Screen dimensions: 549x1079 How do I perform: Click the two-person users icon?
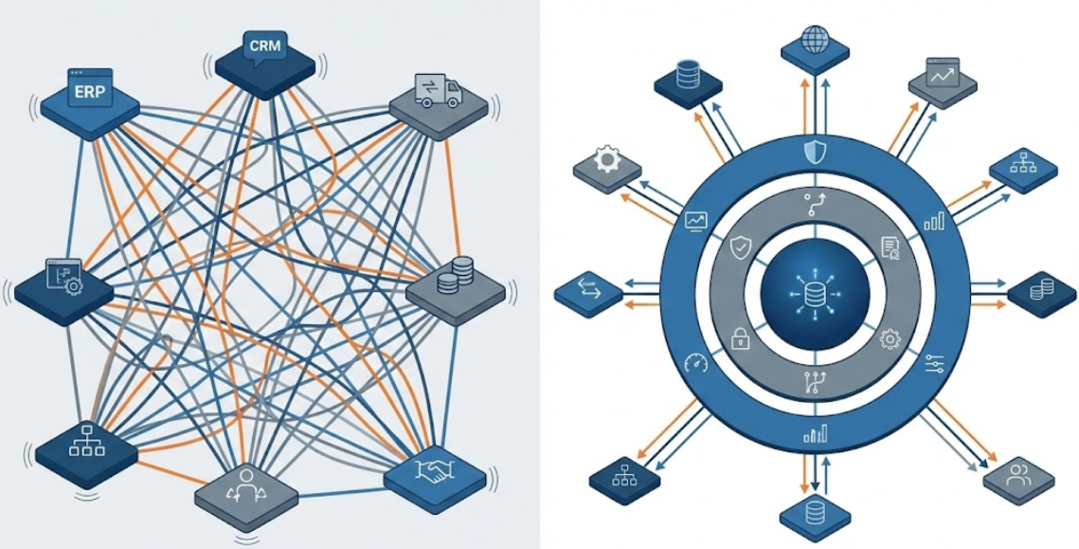coord(1018,471)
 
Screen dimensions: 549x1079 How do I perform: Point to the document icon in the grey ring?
coord(890,248)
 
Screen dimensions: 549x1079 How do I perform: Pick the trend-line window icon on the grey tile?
coord(943,73)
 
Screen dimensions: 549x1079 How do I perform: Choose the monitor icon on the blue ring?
coord(696,220)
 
